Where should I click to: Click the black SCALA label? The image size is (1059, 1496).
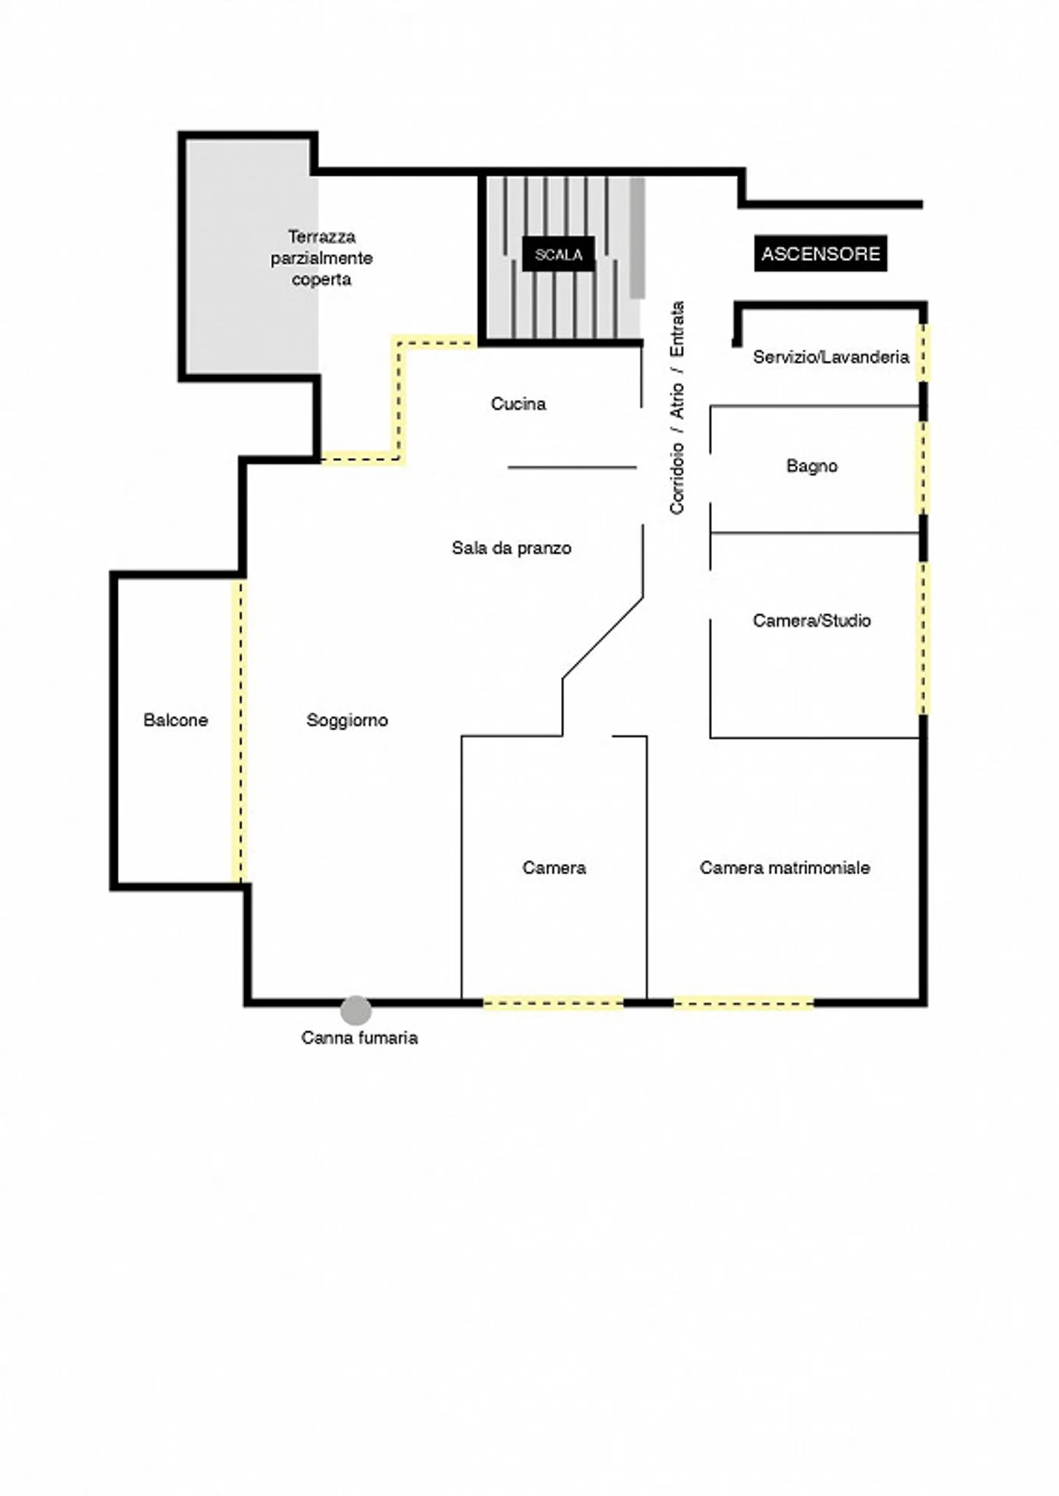pos(558,254)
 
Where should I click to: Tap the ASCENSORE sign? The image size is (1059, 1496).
pos(820,254)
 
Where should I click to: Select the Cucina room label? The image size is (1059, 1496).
pos(518,404)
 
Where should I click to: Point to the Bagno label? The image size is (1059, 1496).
pos(812,466)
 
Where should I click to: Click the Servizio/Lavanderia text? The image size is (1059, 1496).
pos(831,357)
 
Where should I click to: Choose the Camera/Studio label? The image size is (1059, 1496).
pos(812,620)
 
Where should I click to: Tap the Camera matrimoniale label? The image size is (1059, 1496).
pos(785,867)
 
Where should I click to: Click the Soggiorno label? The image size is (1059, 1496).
pos(347,720)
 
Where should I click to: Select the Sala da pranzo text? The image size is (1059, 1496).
pos(512,548)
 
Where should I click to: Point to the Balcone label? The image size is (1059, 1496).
pos(176,720)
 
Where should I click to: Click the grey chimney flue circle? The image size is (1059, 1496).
pos(356,1010)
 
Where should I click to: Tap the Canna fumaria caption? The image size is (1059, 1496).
pos(360,1038)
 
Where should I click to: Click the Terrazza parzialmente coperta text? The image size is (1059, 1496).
pos(321,258)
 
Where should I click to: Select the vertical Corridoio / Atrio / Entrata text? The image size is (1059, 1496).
pos(677,407)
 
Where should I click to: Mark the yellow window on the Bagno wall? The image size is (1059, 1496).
pos(922,468)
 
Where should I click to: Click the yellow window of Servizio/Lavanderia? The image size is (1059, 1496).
pos(923,353)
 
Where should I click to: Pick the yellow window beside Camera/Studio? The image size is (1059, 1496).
pos(923,638)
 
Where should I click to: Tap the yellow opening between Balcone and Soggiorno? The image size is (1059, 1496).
pos(239,731)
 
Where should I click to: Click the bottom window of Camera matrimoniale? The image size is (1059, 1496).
pos(744,1003)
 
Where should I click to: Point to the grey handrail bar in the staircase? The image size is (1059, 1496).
pos(637,238)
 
